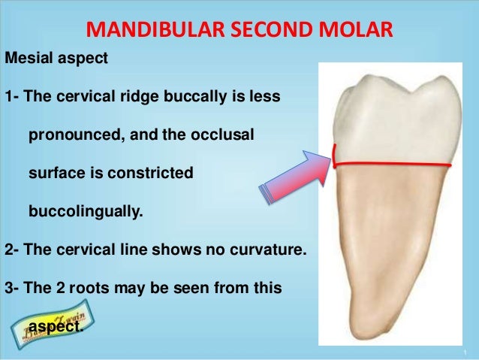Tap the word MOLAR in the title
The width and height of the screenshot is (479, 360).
click(354, 31)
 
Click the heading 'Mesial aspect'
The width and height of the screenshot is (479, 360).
click(57, 59)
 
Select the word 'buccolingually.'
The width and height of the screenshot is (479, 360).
click(84, 211)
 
